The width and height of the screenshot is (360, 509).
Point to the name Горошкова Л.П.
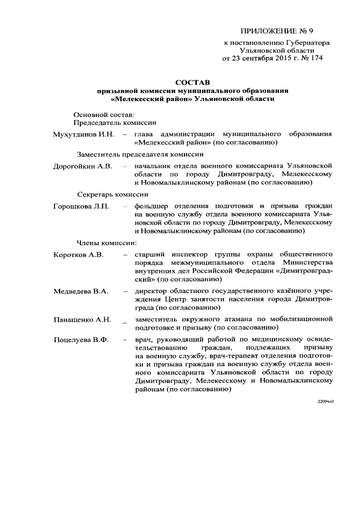[81, 206]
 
